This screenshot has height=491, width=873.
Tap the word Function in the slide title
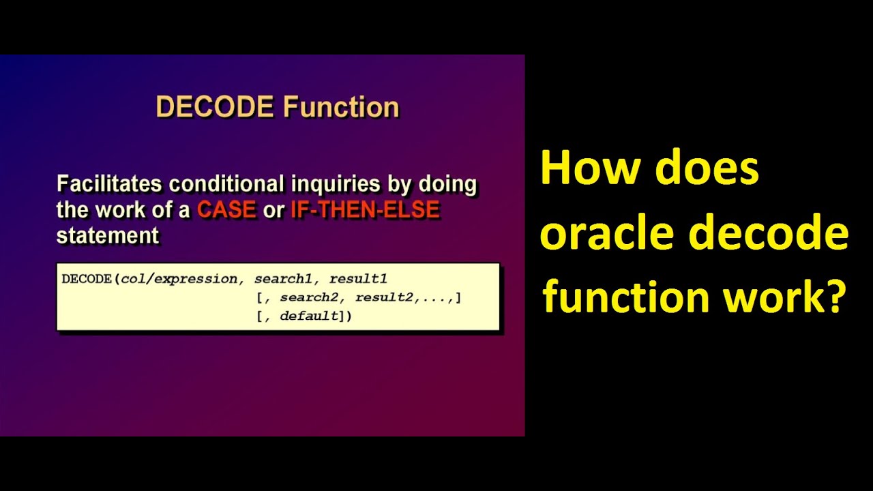coord(341,108)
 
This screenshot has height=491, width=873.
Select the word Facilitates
coord(109,184)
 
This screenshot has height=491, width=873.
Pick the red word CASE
coord(226,210)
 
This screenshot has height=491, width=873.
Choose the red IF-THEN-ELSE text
coord(365,210)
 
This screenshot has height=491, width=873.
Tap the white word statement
coord(107,236)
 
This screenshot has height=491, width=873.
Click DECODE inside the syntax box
coord(87,279)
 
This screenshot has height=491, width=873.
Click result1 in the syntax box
coord(359,279)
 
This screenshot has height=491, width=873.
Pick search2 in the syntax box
coord(310,298)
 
